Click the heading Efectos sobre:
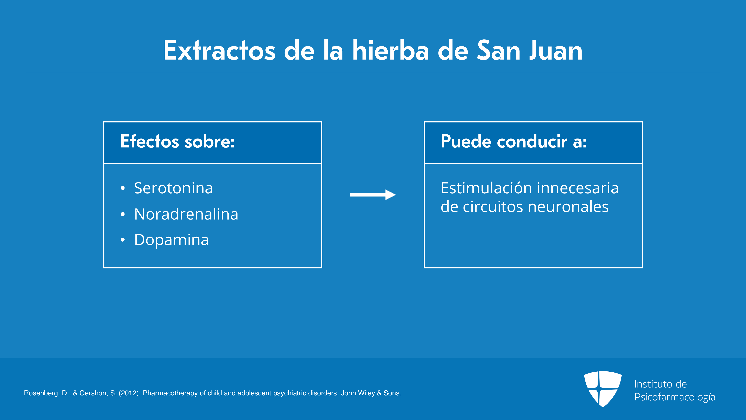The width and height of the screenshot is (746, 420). (177, 141)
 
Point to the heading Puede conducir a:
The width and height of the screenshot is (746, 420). (513, 141)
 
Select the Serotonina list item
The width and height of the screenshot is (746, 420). (173, 188)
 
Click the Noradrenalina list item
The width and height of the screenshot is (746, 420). (186, 214)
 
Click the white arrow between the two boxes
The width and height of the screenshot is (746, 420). (373, 195)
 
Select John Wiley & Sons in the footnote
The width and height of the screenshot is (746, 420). (371, 393)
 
